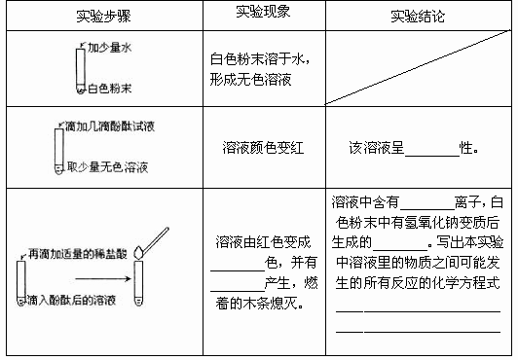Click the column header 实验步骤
pos(103,16)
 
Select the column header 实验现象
pos(263,12)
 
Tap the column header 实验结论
pos(418,16)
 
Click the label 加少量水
pos(109,47)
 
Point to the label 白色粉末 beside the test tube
pos(110,89)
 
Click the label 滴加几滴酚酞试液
pos(110,126)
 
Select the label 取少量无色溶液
pos(107,167)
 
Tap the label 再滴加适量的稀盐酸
pos(78,254)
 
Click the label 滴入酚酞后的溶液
pos(71,300)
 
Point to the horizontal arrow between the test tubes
pos(103,279)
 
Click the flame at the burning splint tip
pos(138,252)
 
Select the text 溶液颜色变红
pos(263,148)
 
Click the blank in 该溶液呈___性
pos(432,156)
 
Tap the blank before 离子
pos(427,209)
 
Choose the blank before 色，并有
pos(238,270)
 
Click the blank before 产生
pos(238,291)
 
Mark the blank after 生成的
pos(400,249)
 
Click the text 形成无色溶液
pos(251,80)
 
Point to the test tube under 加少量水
pos(81,71)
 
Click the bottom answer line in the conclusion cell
pos(419,331)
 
